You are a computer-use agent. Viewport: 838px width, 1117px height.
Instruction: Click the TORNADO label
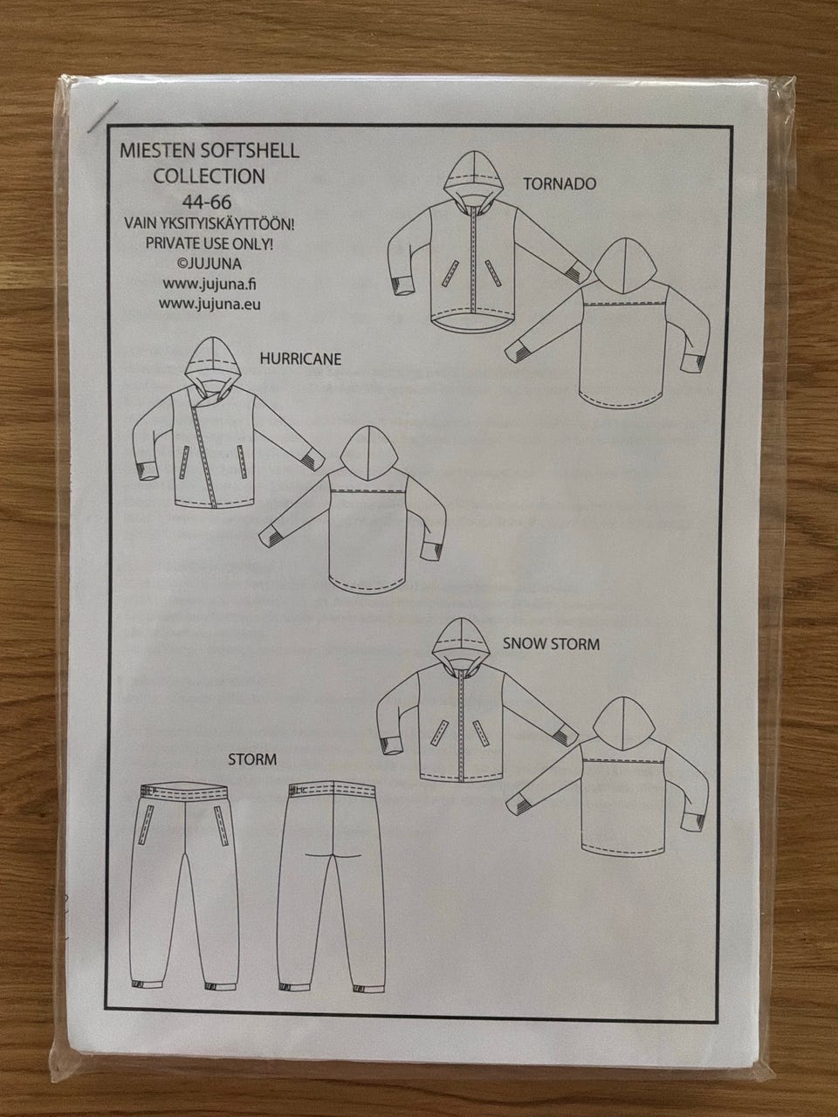click(x=560, y=184)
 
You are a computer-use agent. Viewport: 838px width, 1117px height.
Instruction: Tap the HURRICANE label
click(x=300, y=359)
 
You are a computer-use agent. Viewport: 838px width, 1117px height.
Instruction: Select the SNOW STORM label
click(x=551, y=644)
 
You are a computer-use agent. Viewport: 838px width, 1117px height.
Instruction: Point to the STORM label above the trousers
click(x=252, y=759)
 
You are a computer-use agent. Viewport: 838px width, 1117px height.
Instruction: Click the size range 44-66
click(x=207, y=202)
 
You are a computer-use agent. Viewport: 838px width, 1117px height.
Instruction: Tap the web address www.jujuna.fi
click(x=209, y=284)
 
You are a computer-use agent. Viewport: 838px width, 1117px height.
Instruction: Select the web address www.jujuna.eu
click(x=209, y=304)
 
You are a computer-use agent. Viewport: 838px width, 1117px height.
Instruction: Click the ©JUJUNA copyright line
click(x=209, y=264)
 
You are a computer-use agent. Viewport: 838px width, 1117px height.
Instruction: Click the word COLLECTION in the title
click(x=209, y=176)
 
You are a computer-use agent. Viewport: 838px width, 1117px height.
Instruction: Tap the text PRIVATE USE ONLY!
click(x=209, y=243)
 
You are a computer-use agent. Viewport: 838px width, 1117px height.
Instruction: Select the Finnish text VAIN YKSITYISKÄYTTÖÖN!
click(x=209, y=223)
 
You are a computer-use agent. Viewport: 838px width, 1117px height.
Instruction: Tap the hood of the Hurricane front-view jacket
click(x=214, y=367)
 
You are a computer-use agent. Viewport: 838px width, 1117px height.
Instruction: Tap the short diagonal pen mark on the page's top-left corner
click(x=102, y=117)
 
